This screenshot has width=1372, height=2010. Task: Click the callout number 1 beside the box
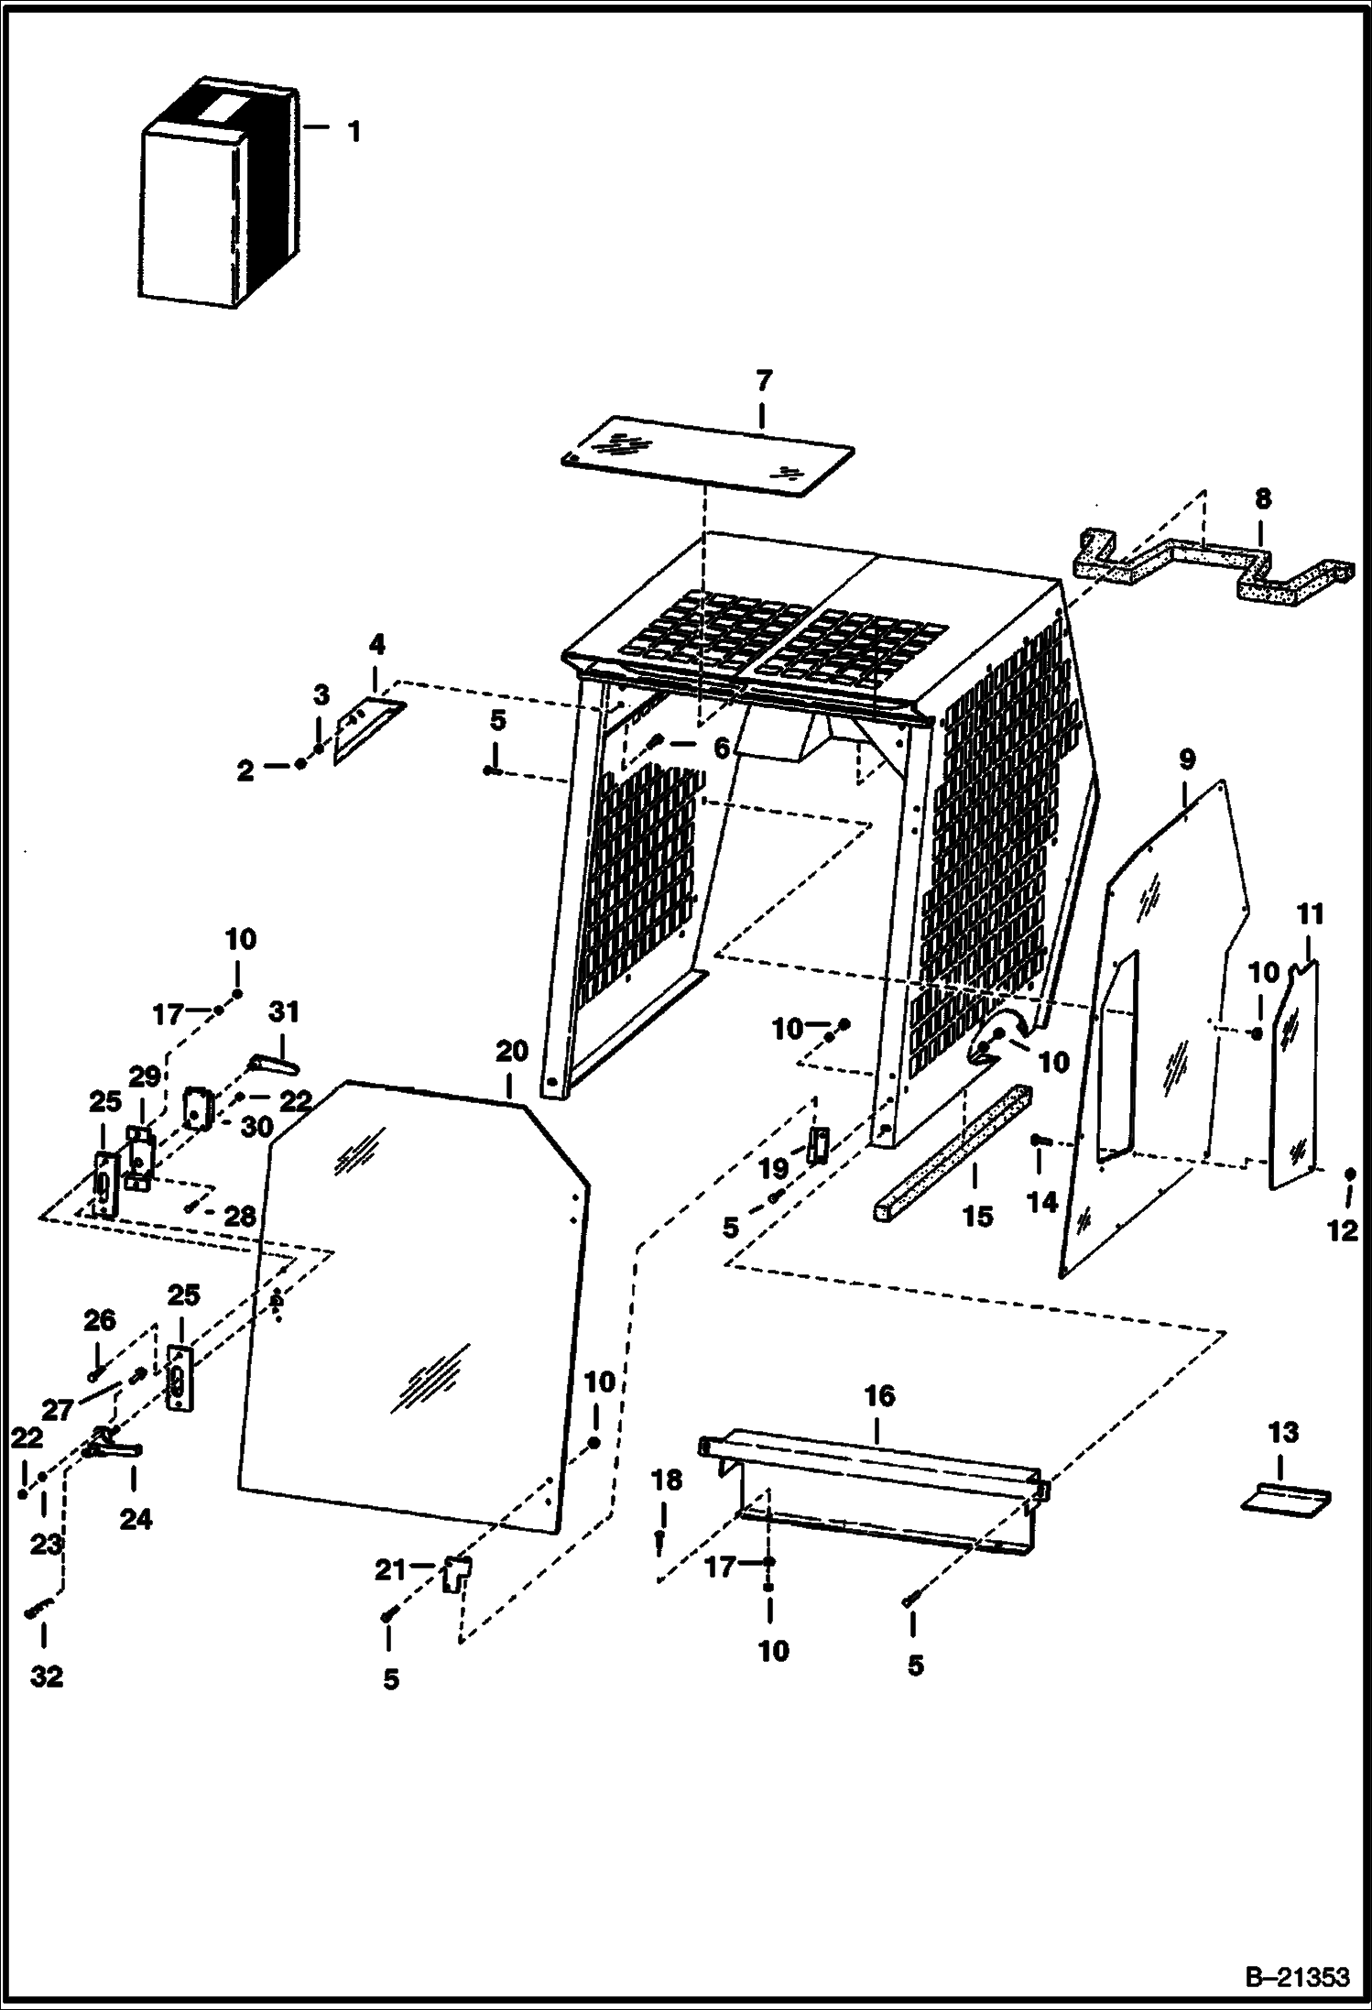tap(354, 132)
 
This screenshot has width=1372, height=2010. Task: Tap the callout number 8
tap(1262, 499)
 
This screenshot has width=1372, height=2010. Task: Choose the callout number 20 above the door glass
tap(512, 1051)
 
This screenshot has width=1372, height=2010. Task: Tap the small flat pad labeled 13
tap(1285, 1500)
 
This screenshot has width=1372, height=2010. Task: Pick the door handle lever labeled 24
tap(114, 1448)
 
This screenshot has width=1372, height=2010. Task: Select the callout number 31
tap(284, 1012)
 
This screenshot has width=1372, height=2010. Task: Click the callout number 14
tap(1042, 1201)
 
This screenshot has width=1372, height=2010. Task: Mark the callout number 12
tap(1342, 1232)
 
